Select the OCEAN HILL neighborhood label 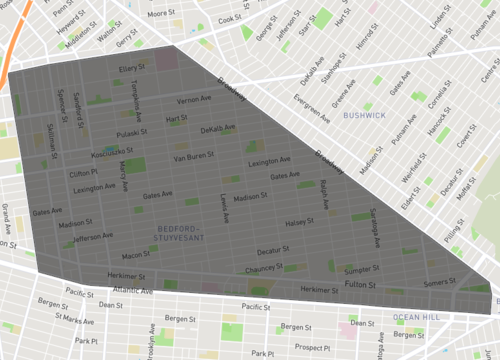[416, 317]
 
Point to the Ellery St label [133, 68]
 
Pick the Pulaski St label [134, 130]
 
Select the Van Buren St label [194, 158]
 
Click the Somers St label [440, 283]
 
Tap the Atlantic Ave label [134, 291]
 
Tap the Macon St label [135, 255]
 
